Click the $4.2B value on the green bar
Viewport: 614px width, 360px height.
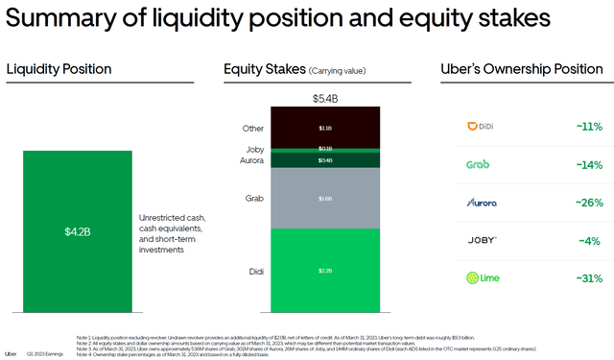(77, 230)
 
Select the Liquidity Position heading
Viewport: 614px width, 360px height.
(59, 69)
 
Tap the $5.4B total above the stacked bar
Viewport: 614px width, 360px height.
(326, 98)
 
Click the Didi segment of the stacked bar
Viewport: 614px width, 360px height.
(326, 271)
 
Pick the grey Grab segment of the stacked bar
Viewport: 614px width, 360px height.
(326, 199)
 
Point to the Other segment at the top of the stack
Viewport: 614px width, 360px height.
(326, 127)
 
